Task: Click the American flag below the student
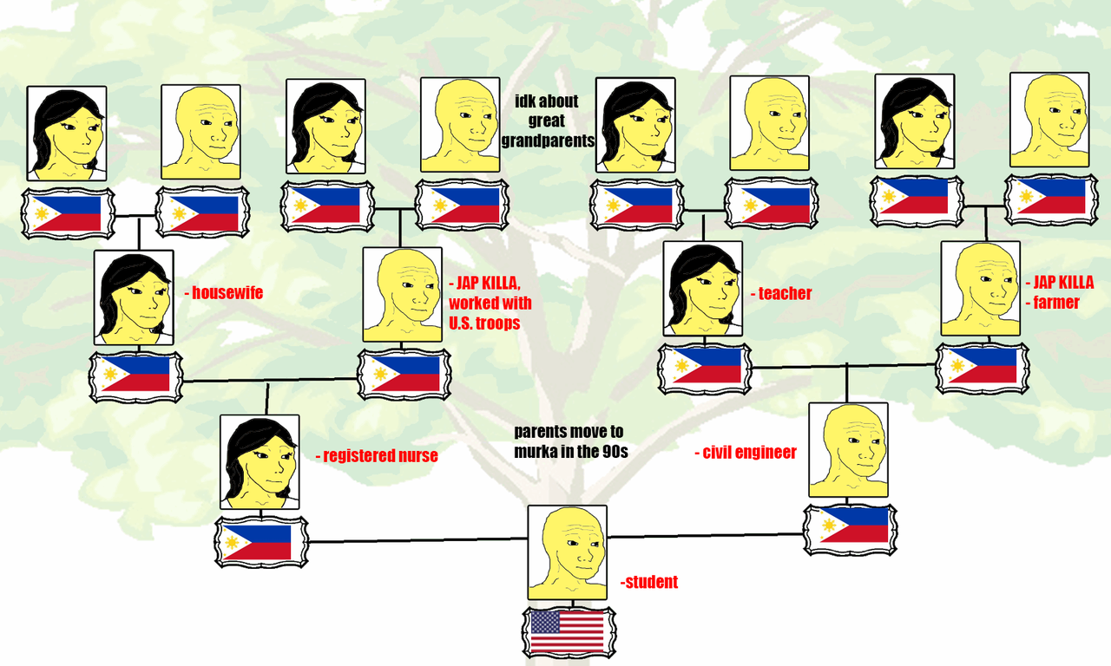(569, 632)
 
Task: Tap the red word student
(651, 582)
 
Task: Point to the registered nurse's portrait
(260, 461)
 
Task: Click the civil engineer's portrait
(849, 449)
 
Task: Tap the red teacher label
(784, 293)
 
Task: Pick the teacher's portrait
(702, 289)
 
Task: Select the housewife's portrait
(135, 297)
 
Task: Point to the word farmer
(1055, 303)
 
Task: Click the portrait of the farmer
(981, 289)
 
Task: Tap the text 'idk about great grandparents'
(547, 120)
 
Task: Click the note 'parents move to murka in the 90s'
(569, 441)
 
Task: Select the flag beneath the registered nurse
(260, 542)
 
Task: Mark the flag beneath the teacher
(703, 368)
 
